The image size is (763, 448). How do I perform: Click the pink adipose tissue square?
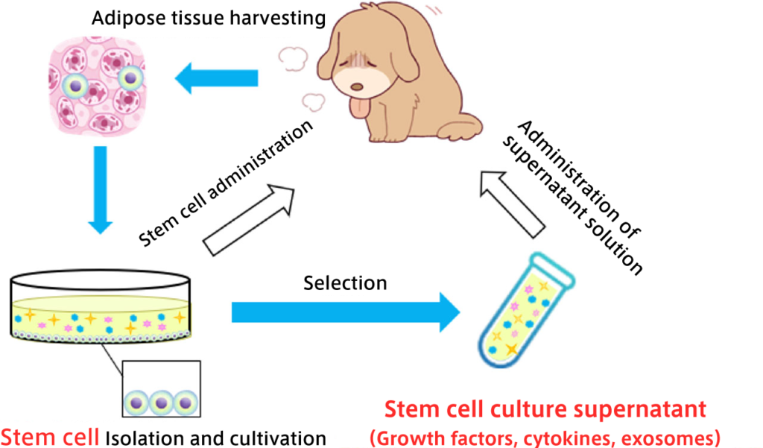pyautogui.click(x=94, y=83)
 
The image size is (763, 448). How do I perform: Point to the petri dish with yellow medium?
pyautogui.click(x=100, y=309)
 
